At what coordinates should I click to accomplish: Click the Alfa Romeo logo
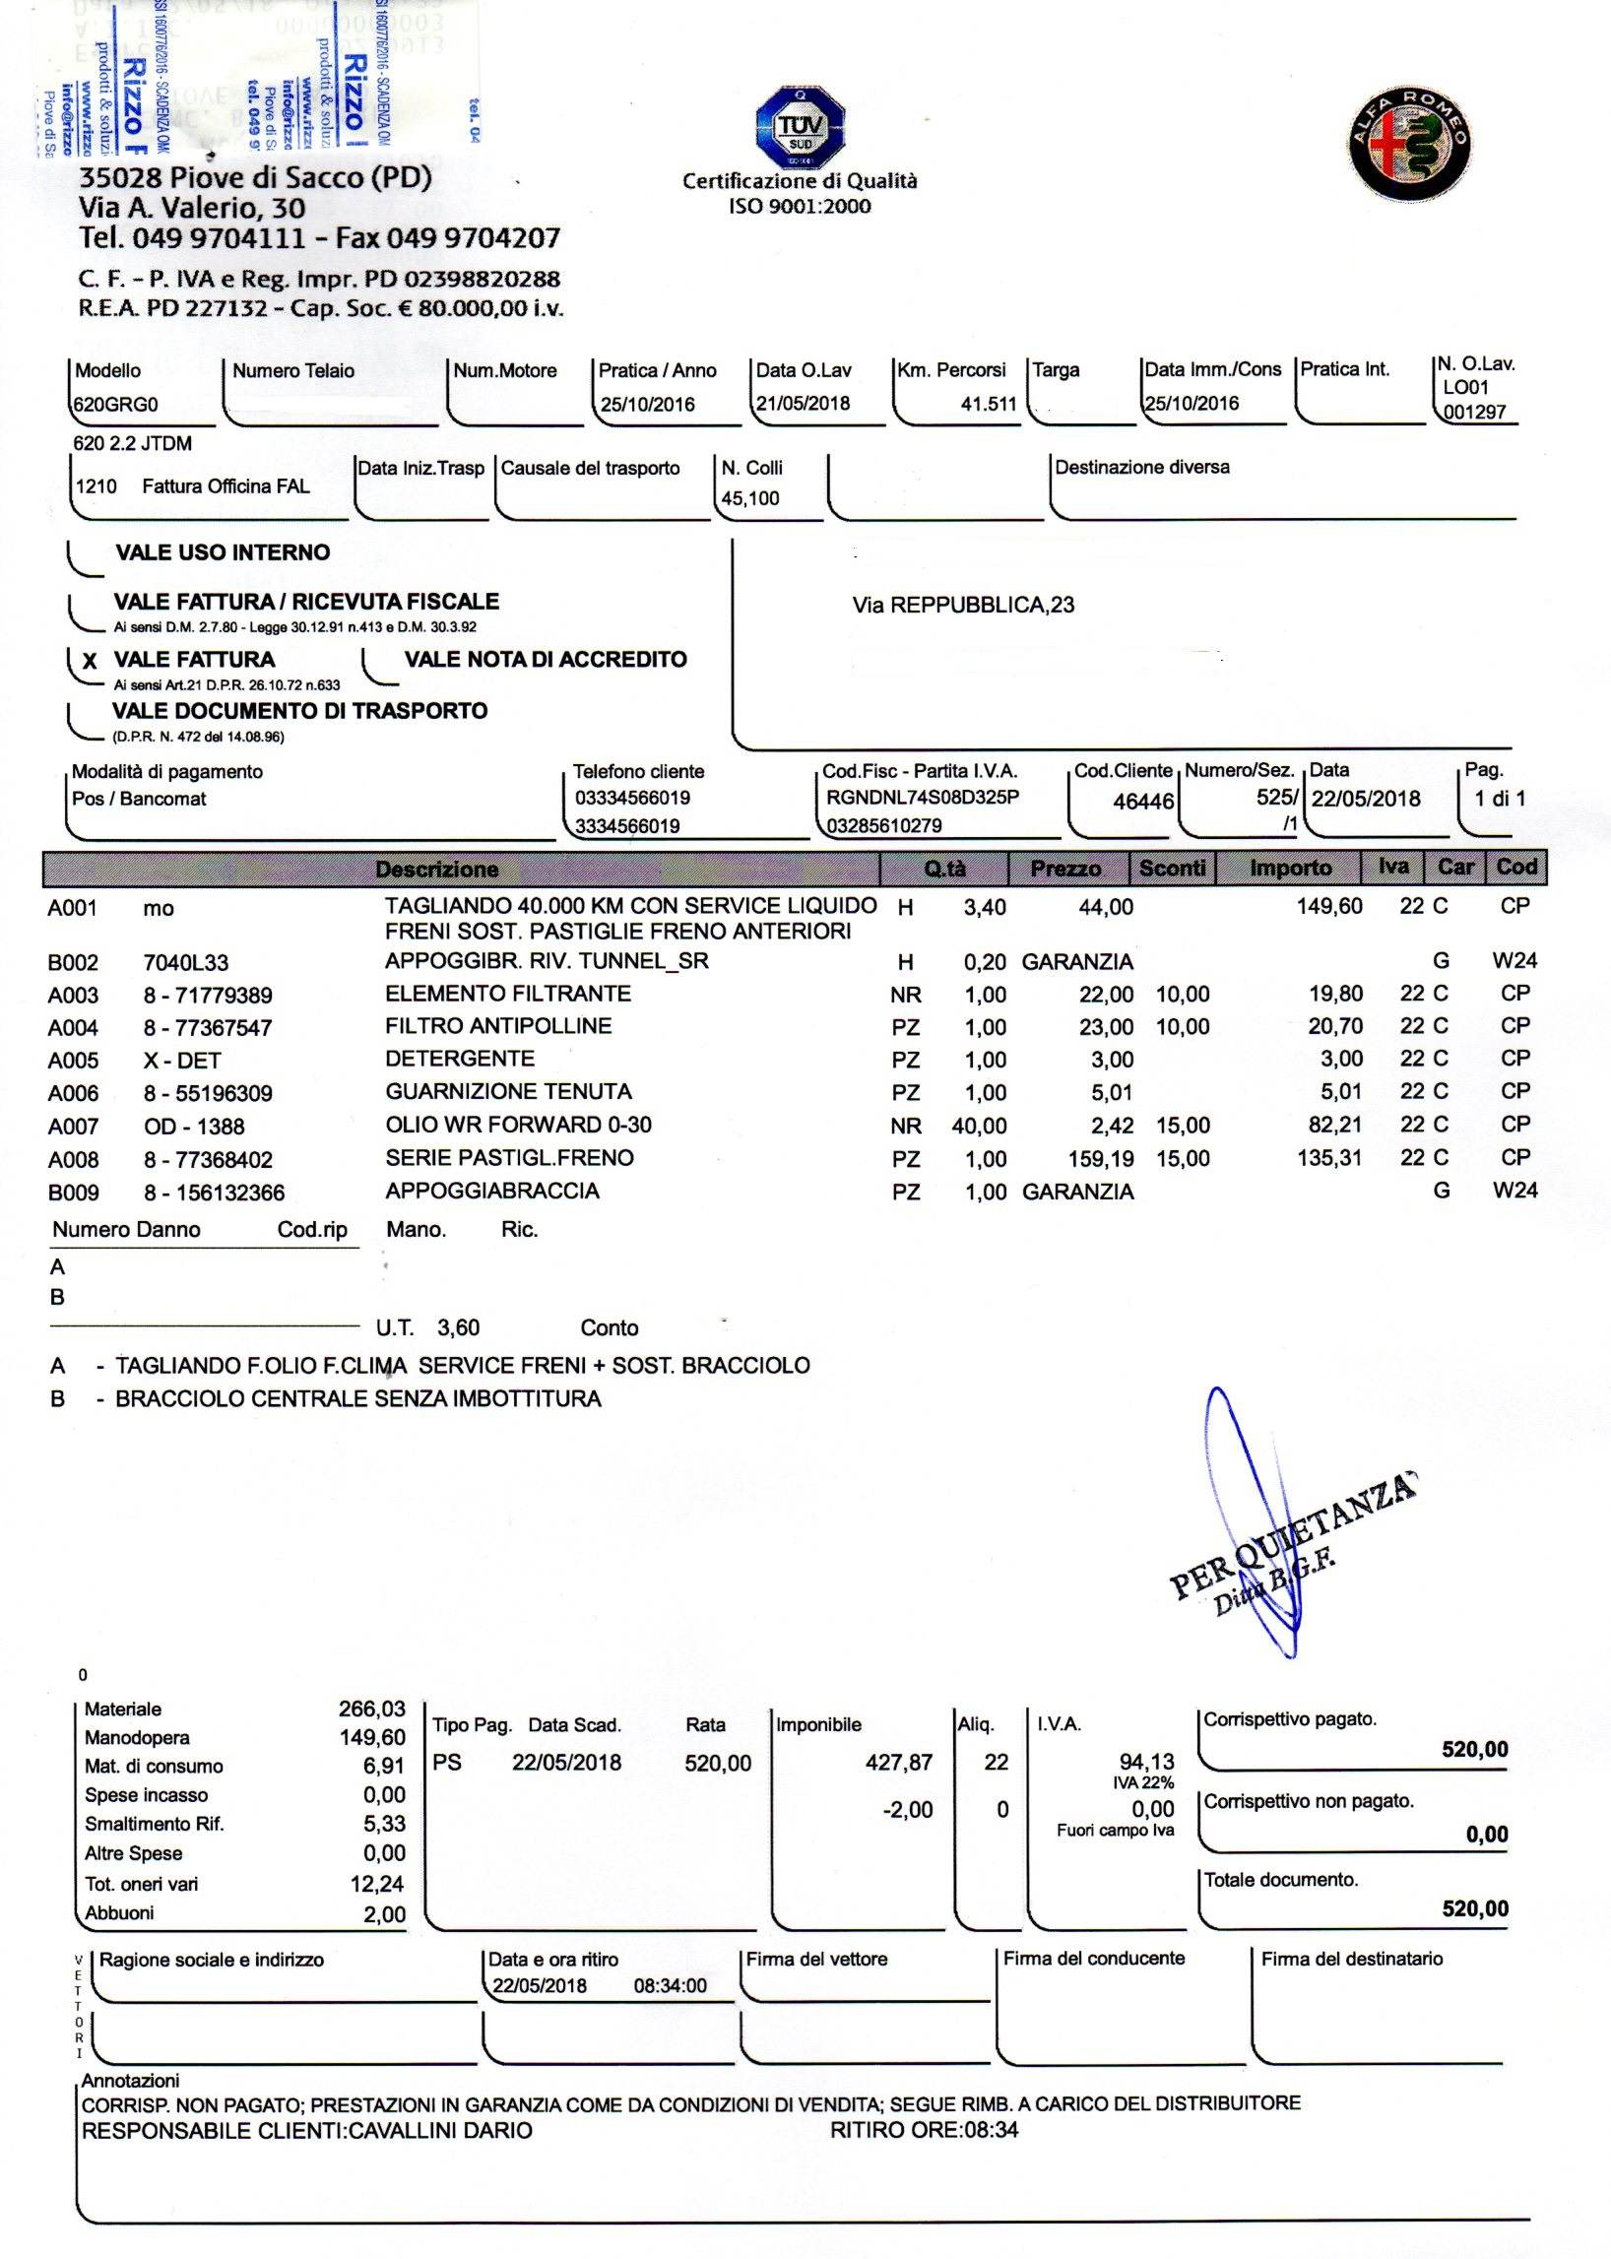point(1410,141)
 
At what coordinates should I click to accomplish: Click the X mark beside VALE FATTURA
point(91,662)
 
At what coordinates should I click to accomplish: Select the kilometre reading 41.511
point(988,404)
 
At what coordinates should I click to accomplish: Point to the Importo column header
point(1290,869)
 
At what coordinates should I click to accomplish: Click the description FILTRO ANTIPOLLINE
point(498,1026)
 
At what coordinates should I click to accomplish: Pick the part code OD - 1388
point(193,1126)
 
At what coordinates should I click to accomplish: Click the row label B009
point(74,1192)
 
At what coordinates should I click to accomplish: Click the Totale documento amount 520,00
point(1474,1907)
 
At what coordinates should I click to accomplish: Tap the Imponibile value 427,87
point(899,1762)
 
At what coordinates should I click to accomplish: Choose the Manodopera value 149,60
point(372,1737)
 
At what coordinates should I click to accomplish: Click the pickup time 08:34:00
point(670,1985)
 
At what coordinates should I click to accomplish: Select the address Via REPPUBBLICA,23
point(962,606)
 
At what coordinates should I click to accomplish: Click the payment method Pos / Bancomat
point(139,799)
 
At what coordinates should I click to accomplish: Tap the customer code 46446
point(1143,801)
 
